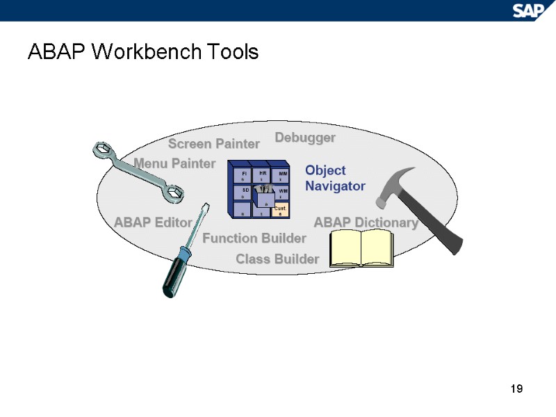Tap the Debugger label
coord(305,138)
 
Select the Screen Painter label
coord(213,144)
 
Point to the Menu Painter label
coord(174,163)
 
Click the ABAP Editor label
coord(152,222)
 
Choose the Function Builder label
coord(254,238)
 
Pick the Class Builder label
coord(277,259)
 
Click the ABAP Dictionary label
coord(366,222)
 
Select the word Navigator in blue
coord(335,186)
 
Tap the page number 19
coord(516,389)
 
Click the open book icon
coord(361,248)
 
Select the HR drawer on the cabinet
coord(263,174)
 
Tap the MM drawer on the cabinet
coord(281,175)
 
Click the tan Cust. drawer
coord(280,209)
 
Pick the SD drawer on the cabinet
coord(245,192)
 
